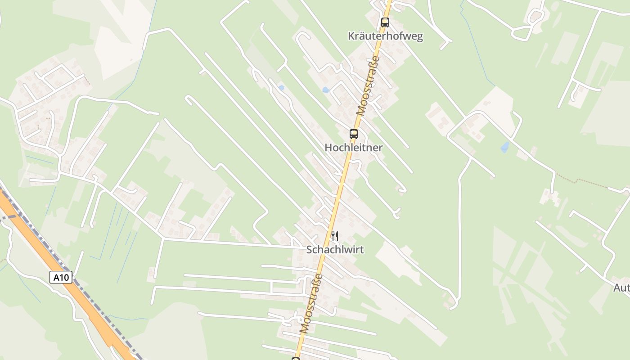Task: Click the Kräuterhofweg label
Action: (385, 36)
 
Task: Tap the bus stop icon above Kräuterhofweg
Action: (385, 22)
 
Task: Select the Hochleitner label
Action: (353, 148)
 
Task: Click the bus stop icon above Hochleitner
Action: (354, 134)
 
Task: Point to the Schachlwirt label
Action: (335, 249)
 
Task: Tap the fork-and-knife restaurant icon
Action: (334, 236)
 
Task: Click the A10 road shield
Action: (61, 277)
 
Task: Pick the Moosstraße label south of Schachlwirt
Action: (311, 303)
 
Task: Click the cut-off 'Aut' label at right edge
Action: (621, 288)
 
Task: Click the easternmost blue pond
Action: (505, 147)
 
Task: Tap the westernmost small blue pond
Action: (281, 88)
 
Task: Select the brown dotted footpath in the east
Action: (580, 181)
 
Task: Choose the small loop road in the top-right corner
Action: (535, 18)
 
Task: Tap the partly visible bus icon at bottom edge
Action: (296, 359)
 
